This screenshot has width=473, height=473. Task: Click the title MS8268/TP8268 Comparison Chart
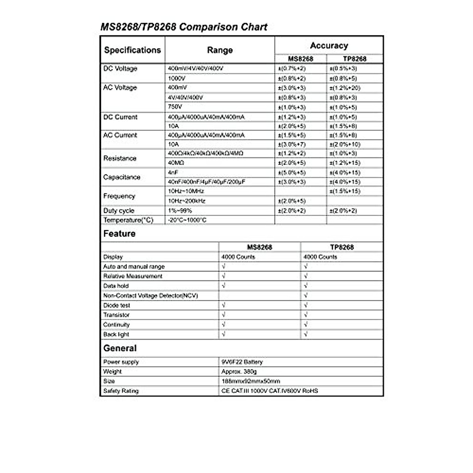pyautogui.click(x=184, y=27)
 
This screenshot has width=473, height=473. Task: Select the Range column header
pyautogui.click(x=220, y=50)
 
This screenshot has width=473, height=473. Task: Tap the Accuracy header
pyautogui.click(x=329, y=46)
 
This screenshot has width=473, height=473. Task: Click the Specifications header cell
pyautogui.click(x=132, y=50)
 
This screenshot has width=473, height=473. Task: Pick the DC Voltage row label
pyautogui.click(x=120, y=69)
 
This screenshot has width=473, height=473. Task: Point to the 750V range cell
pyautogui.click(x=175, y=107)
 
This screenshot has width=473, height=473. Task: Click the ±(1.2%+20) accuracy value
pyautogui.click(x=345, y=88)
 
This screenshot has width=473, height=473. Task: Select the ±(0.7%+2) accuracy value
pyautogui.click(x=292, y=69)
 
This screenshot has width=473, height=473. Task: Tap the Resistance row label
pyautogui.click(x=120, y=158)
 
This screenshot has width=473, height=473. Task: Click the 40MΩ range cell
pyautogui.click(x=176, y=163)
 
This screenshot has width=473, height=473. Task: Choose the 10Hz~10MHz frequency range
pyautogui.click(x=186, y=191)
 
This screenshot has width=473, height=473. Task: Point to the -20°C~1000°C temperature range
pyautogui.click(x=187, y=220)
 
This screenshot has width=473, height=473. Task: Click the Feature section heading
pyautogui.click(x=119, y=234)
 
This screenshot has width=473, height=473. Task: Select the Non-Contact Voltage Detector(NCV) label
pyautogui.click(x=151, y=296)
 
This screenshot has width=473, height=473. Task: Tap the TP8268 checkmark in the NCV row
pyautogui.click(x=306, y=296)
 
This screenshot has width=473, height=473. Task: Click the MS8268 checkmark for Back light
pyautogui.click(x=223, y=334)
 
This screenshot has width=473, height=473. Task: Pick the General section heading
pyautogui.click(x=120, y=348)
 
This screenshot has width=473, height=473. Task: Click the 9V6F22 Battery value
pyautogui.click(x=242, y=362)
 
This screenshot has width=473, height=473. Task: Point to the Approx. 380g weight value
pyautogui.click(x=239, y=372)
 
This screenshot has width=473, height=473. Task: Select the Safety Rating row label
pyautogui.click(x=121, y=391)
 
